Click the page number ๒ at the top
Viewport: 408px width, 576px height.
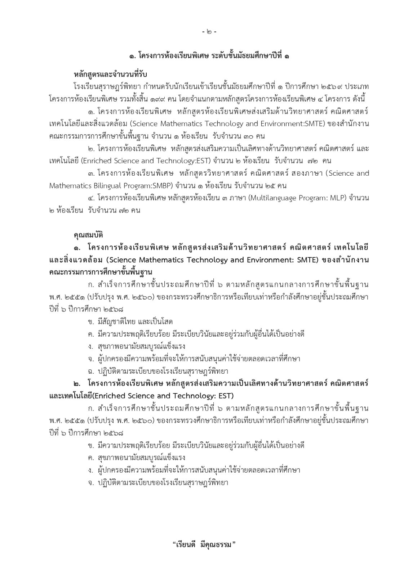209,32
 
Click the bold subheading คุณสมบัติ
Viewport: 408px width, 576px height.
88,235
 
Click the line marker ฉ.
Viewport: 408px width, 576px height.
90,371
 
